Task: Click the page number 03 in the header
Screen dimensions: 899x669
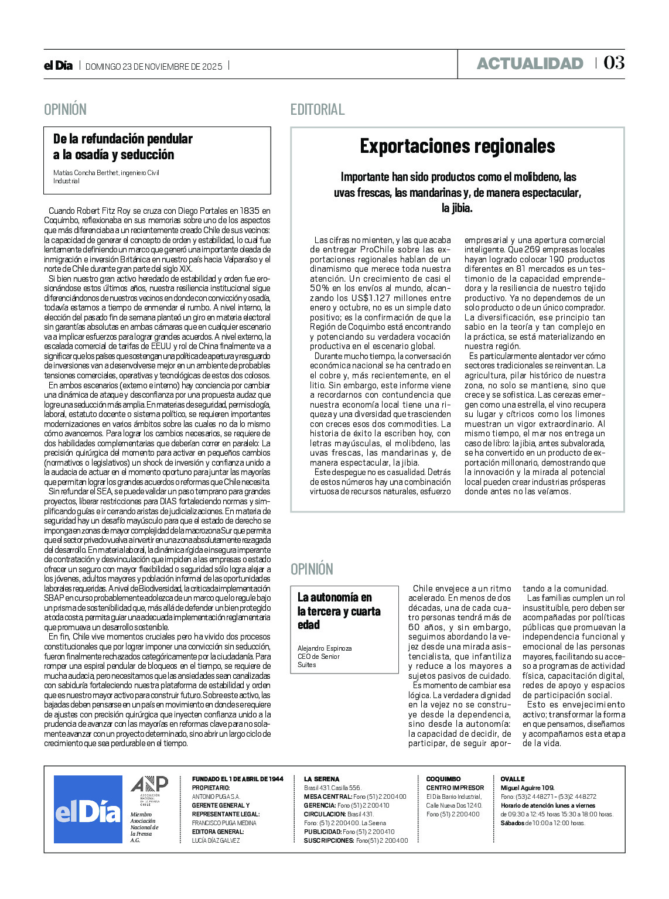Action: pos(613,63)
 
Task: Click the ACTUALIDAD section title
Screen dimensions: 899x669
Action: pos(530,63)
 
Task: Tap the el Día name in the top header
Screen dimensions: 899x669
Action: pos(58,66)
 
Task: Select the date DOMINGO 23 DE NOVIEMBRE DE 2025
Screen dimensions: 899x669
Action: pos(154,67)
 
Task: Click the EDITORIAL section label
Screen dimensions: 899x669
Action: pos(318,110)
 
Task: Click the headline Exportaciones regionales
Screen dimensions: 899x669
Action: pos(457,146)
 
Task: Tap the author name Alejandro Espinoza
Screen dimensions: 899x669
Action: pos(325,648)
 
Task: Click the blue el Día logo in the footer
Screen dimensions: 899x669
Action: pos(88,809)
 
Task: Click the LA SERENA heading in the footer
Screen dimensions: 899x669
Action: pos(321,779)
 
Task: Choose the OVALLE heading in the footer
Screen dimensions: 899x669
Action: pos(513,779)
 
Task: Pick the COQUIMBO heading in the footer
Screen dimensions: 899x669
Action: pos(443,779)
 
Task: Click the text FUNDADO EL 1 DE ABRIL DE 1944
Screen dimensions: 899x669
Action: pos(237,779)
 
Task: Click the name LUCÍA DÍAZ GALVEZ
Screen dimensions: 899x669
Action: pos(216,840)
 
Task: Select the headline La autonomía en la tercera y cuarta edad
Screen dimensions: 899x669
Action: pos(339,611)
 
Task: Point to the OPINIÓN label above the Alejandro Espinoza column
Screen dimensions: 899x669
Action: pos(312,569)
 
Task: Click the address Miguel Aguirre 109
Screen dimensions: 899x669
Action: pos(527,788)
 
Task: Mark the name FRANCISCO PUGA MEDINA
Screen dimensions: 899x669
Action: pos(224,823)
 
